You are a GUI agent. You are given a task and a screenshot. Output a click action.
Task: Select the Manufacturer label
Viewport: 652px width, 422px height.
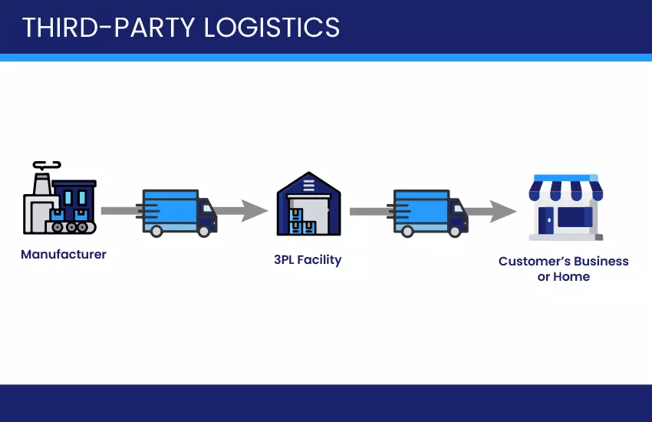64,254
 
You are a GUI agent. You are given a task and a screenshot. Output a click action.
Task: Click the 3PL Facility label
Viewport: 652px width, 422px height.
308,259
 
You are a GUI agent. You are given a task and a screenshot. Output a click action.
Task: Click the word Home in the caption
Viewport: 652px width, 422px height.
571,276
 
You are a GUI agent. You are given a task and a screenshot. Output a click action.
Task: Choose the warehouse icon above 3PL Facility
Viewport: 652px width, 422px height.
308,205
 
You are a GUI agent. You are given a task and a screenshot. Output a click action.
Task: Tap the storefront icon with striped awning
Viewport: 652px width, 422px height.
565,207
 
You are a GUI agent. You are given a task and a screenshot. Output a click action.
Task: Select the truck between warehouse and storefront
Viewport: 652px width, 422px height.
429,212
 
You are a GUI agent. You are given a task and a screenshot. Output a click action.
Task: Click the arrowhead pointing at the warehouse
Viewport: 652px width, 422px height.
255,210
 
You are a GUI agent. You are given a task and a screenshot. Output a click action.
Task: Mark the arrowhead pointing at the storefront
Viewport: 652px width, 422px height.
503,211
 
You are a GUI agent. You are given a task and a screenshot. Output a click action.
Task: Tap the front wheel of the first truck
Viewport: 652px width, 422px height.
204,229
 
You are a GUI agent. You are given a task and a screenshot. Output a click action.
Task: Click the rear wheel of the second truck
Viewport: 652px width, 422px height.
407,229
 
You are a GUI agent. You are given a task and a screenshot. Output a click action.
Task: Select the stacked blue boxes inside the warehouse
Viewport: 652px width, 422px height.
302,223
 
